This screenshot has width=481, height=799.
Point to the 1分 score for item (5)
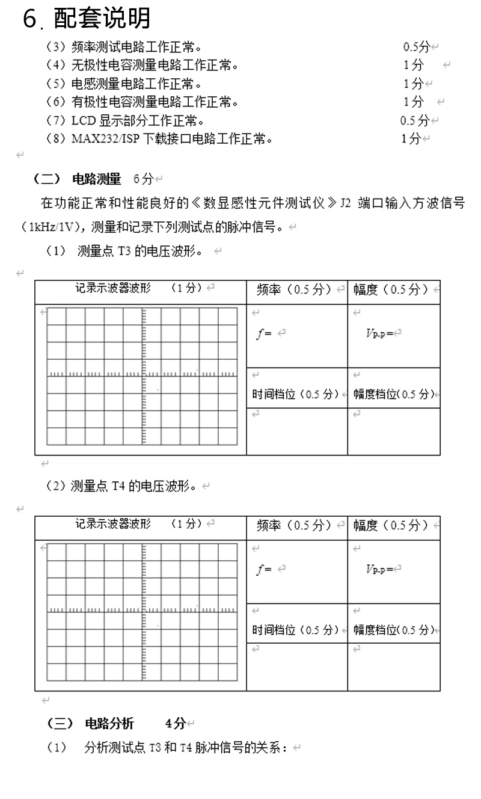tap(413, 84)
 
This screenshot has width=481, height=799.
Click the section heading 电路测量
tap(96, 179)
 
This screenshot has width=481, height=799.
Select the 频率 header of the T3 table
tap(268, 290)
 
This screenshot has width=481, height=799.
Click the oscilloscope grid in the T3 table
tap(142, 376)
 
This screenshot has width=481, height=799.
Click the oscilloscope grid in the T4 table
tap(142, 611)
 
